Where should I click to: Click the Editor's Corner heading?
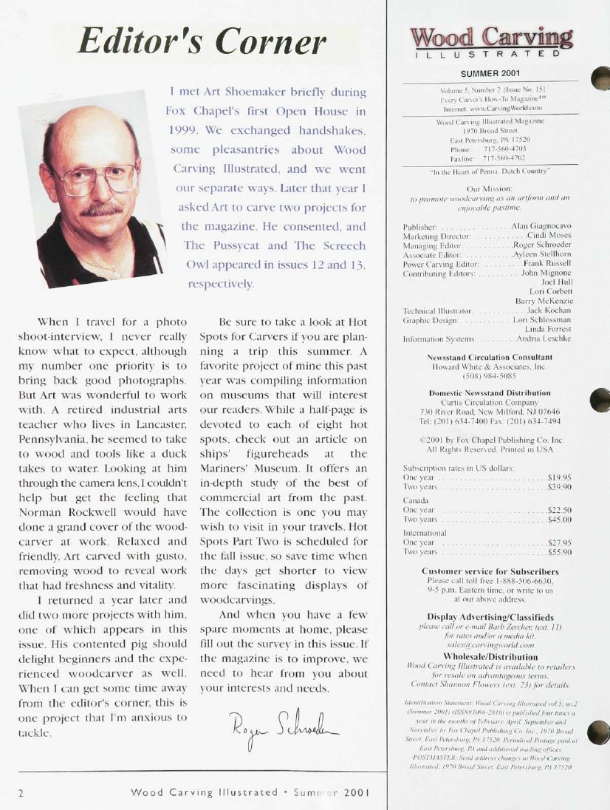click(202, 41)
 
